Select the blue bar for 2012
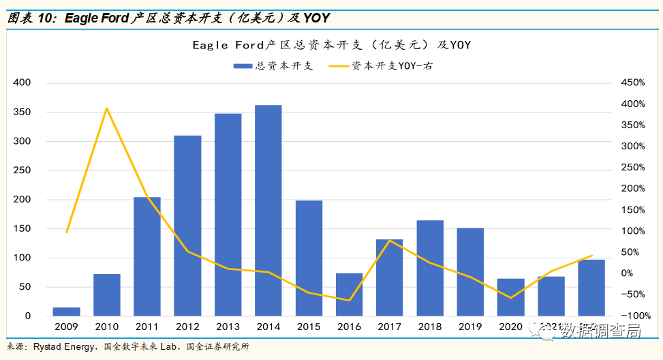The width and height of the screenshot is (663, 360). pos(187,226)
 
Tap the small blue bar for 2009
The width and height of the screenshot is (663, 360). pos(67,312)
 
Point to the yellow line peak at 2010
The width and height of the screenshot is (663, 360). pos(107,108)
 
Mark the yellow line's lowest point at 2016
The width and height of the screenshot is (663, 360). pos(349,300)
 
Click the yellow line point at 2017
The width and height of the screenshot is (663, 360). pos(389,241)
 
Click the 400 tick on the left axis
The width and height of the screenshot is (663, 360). pos(22,82)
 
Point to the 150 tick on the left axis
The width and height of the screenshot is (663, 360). pos(22,228)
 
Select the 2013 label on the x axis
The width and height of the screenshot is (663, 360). pos(228,328)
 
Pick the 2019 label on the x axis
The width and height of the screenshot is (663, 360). pos(469,328)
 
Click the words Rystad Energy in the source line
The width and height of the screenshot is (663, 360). pos(65,347)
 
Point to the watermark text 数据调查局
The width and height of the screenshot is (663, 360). pos(600,331)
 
